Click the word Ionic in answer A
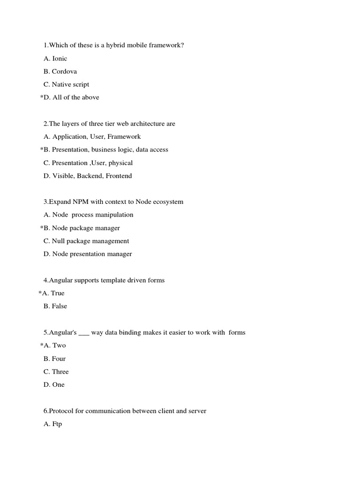60,59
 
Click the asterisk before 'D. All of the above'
42,97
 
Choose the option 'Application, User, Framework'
97,137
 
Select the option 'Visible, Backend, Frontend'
92,176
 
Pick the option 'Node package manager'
86,228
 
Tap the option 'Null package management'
90,241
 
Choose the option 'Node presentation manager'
92,254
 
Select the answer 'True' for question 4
58,293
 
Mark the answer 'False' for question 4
59,306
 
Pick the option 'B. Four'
54,359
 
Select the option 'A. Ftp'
52,424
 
